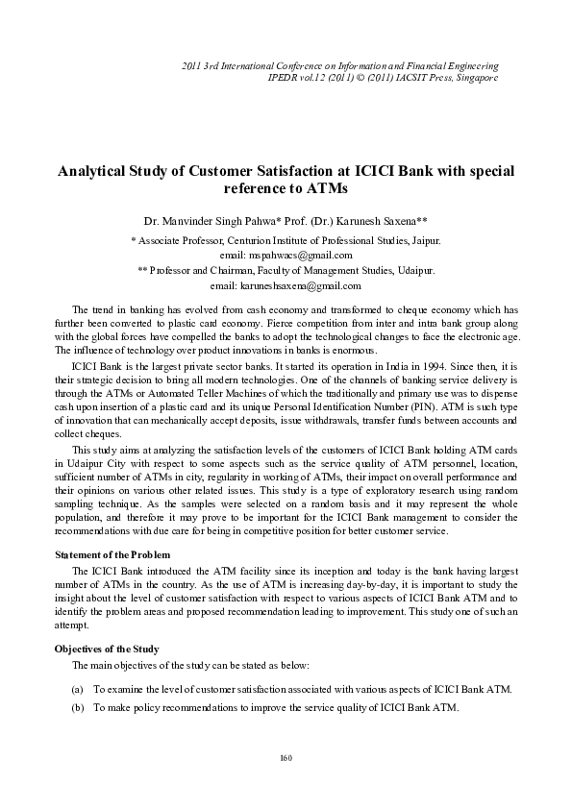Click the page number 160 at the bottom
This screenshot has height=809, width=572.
[286, 759]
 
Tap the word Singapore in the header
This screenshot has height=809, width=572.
[474, 77]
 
